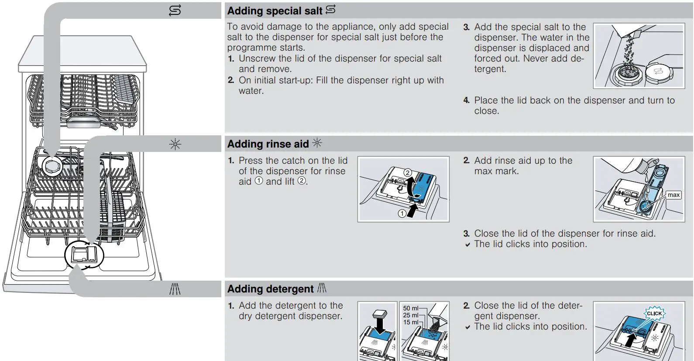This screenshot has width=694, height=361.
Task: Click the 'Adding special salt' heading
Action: tap(275, 11)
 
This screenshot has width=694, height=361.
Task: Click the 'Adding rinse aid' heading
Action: tap(268, 144)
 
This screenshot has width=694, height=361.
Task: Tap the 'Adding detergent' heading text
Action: tap(270, 289)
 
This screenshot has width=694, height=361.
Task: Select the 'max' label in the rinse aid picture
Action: tap(673, 195)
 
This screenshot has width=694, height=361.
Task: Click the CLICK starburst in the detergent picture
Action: tap(654, 313)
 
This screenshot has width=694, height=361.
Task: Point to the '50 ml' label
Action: tap(410, 308)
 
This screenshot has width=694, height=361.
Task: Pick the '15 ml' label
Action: tap(410, 322)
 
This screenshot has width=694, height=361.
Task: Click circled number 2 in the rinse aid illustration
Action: tap(407, 172)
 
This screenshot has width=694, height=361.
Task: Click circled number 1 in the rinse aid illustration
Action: tap(402, 213)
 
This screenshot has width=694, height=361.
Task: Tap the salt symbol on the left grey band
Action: tap(175, 10)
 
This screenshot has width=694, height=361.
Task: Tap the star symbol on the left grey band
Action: tap(175, 144)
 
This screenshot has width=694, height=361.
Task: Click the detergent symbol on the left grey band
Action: tap(175, 289)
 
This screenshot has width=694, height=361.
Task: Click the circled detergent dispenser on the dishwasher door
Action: tap(84, 255)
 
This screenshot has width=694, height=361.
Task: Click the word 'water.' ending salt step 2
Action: tap(251, 91)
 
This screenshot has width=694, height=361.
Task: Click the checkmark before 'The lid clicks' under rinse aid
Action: tap(467, 244)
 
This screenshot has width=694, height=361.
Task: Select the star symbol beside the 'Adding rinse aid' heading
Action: tap(317, 143)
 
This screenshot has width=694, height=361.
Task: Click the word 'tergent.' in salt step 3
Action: tap(490, 69)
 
